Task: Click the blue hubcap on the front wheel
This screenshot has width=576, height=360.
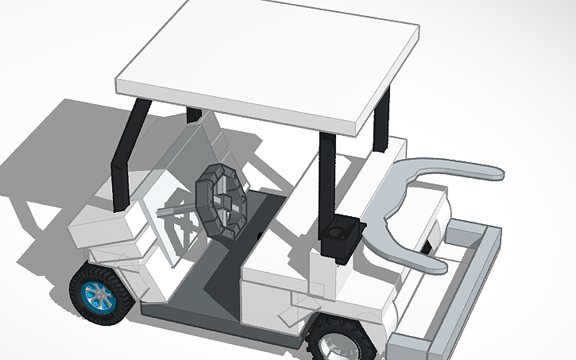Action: click(x=101, y=296)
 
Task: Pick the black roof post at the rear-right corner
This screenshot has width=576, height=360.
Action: click(x=382, y=119)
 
